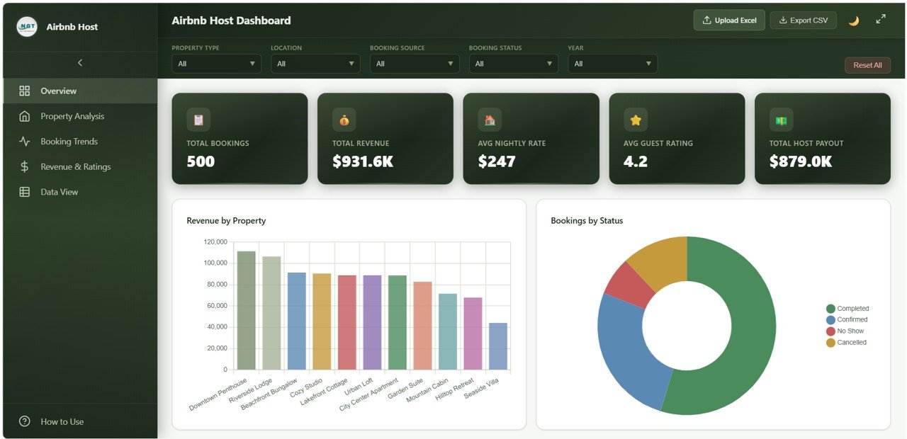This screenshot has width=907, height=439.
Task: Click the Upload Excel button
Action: coord(729,21)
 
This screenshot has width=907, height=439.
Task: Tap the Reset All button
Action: coord(867,65)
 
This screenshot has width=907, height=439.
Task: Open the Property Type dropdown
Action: coord(216,64)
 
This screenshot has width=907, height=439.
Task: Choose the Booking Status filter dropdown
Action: coord(513,64)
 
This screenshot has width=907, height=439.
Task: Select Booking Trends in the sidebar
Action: coord(69,142)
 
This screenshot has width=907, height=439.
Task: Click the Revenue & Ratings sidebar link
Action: coord(75,167)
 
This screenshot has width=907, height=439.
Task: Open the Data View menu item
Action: coord(59,192)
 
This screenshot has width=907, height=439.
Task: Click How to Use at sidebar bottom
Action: coord(62,421)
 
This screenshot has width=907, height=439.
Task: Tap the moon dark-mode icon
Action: coord(854,21)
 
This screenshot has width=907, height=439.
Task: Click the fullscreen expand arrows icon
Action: coord(881,20)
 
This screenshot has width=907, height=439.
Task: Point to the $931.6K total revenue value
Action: coord(362,161)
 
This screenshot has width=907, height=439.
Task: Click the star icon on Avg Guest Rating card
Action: coord(636,120)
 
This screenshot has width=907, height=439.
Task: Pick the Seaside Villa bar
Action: coord(498,346)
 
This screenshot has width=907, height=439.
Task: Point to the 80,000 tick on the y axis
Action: coord(215,285)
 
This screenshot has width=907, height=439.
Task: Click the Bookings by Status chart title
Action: coord(587,221)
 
